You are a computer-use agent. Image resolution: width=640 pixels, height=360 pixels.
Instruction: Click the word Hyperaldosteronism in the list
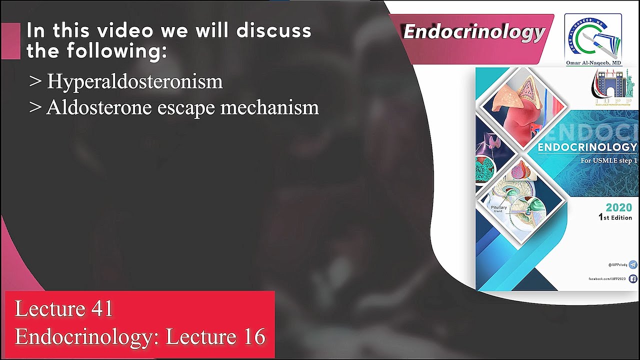[x=134, y=81]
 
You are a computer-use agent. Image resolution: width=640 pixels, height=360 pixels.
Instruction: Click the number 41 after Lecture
[x=102, y=309]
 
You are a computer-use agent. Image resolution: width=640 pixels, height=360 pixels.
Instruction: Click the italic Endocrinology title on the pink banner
[x=473, y=32]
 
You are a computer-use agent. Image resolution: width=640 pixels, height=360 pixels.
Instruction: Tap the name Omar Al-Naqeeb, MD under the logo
[x=593, y=63]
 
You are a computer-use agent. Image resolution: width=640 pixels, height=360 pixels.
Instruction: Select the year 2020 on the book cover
[x=618, y=207]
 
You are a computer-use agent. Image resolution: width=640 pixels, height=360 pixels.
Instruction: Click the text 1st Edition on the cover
[x=615, y=217]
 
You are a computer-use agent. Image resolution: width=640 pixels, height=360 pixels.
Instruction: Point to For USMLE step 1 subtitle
[x=608, y=160]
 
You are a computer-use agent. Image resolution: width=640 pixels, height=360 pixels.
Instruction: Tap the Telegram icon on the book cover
[x=633, y=264]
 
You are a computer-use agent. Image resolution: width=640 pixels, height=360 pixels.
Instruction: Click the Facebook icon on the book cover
[x=633, y=279]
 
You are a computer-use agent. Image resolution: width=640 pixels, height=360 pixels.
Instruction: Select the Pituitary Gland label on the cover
[x=498, y=208]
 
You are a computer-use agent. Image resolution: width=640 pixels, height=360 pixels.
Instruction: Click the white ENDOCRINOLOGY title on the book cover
[x=587, y=147]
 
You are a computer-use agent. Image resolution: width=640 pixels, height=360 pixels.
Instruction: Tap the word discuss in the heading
[x=274, y=31]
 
